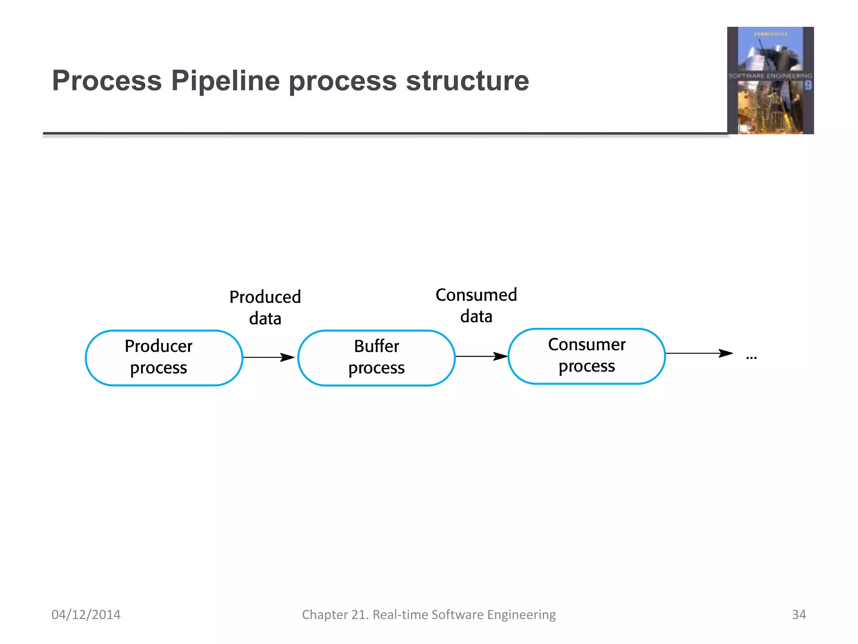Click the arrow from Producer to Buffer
click(x=268, y=357)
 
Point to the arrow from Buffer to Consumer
click(x=481, y=356)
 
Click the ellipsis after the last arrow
click(x=751, y=358)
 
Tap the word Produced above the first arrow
click(x=265, y=297)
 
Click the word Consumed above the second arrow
click(x=476, y=295)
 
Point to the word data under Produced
click(x=265, y=319)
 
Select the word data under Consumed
click(x=476, y=317)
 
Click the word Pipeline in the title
click(x=225, y=80)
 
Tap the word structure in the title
click(x=467, y=80)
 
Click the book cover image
click(x=770, y=80)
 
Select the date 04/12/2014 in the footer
click(x=86, y=614)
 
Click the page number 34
click(x=799, y=614)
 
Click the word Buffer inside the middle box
click(x=376, y=346)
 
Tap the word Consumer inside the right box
click(x=587, y=345)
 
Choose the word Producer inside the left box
click(x=158, y=346)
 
